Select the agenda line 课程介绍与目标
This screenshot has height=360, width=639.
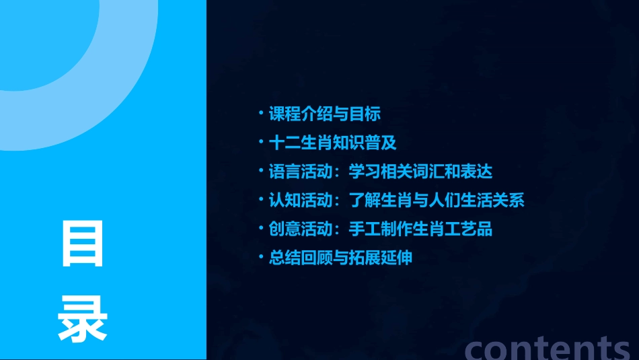(x=325, y=114)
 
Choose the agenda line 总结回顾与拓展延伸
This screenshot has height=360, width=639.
(x=340, y=258)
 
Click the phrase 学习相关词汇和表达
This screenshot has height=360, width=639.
(x=420, y=172)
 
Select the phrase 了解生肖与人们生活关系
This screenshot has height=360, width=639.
(x=437, y=201)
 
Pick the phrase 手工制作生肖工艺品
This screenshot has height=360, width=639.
(x=420, y=229)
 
